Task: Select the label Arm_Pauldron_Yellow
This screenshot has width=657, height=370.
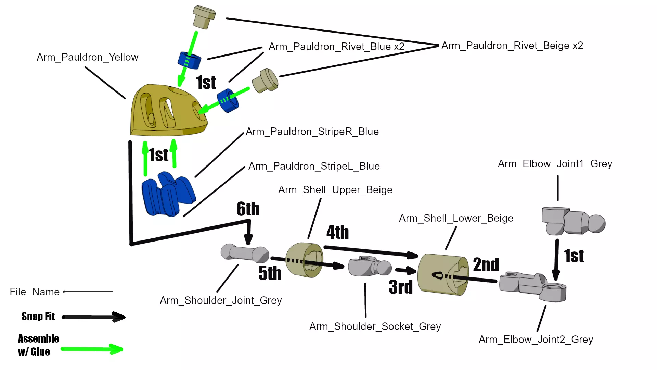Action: [x=87, y=57]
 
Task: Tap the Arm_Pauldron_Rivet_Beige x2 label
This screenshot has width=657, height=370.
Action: [x=512, y=46]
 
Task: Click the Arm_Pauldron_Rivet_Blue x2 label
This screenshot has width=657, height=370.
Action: [x=336, y=47]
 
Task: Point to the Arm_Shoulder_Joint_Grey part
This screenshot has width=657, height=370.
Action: [x=245, y=254]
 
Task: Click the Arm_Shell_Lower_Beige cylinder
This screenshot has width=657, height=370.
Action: [x=443, y=274]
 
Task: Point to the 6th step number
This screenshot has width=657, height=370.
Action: [x=248, y=209]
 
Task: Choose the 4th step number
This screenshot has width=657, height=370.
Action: [x=337, y=232]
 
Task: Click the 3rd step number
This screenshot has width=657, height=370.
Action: [x=401, y=287]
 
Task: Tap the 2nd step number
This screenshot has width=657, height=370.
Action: [x=486, y=265]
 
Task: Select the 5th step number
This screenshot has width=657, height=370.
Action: [x=270, y=273]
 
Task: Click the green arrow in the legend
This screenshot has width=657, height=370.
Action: [x=92, y=349]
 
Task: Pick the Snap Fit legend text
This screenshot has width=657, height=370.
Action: [x=38, y=317]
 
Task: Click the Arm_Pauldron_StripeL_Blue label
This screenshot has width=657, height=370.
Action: [x=314, y=166]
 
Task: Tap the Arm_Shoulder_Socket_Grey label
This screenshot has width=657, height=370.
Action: [x=375, y=326]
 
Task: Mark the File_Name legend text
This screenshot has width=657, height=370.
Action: [x=35, y=292]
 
